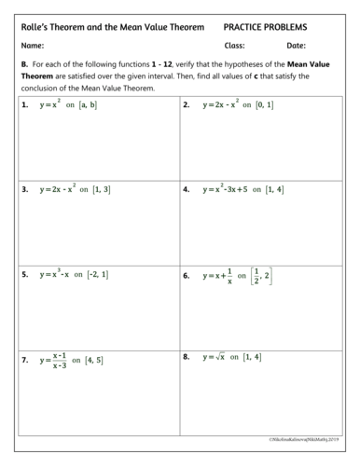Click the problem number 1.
(x=24, y=105)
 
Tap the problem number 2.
(x=187, y=105)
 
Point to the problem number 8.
(x=187, y=357)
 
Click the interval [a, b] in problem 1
(x=89, y=105)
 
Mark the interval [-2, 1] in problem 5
(x=97, y=275)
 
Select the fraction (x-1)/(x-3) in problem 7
(x=59, y=360)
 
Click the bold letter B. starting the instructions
(x=24, y=64)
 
